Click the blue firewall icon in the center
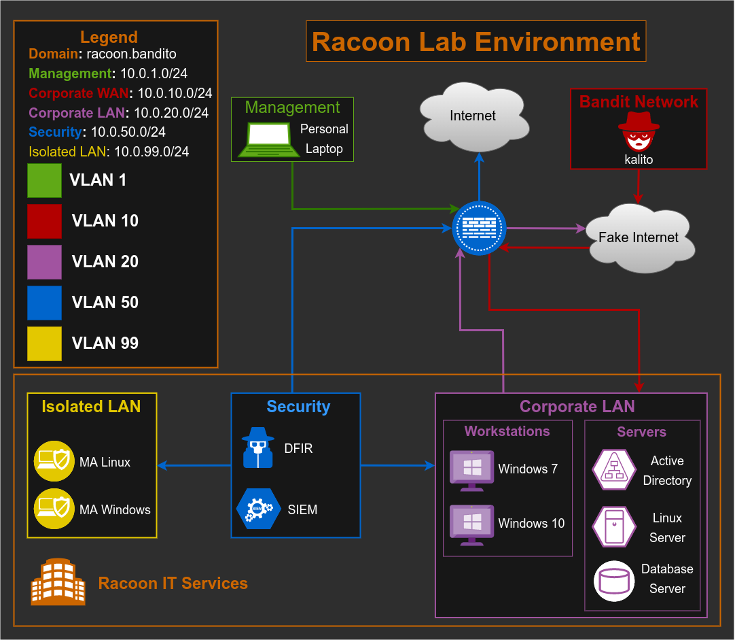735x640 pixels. (x=479, y=229)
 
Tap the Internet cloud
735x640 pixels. (x=473, y=116)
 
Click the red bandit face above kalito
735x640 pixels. (x=639, y=132)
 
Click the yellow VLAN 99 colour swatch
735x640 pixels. (x=44, y=343)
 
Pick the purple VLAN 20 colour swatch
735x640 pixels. (x=44, y=262)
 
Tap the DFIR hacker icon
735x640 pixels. (x=258, y=448)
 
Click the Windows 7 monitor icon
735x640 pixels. (x=472, y=470)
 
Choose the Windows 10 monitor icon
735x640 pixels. (x=472, y=524)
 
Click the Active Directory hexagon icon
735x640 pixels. (x=613, y=470)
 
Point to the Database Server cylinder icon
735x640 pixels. (x=613, y=580)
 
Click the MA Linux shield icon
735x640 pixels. (x=54, y=462)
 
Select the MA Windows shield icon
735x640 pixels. (x=54, y=509)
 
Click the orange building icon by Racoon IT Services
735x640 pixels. (x=58, y=582)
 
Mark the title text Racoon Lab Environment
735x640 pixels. (x=476, y=41)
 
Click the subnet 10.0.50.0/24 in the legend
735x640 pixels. (x=128, y=132)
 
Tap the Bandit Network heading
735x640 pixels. (x=639, y=102)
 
